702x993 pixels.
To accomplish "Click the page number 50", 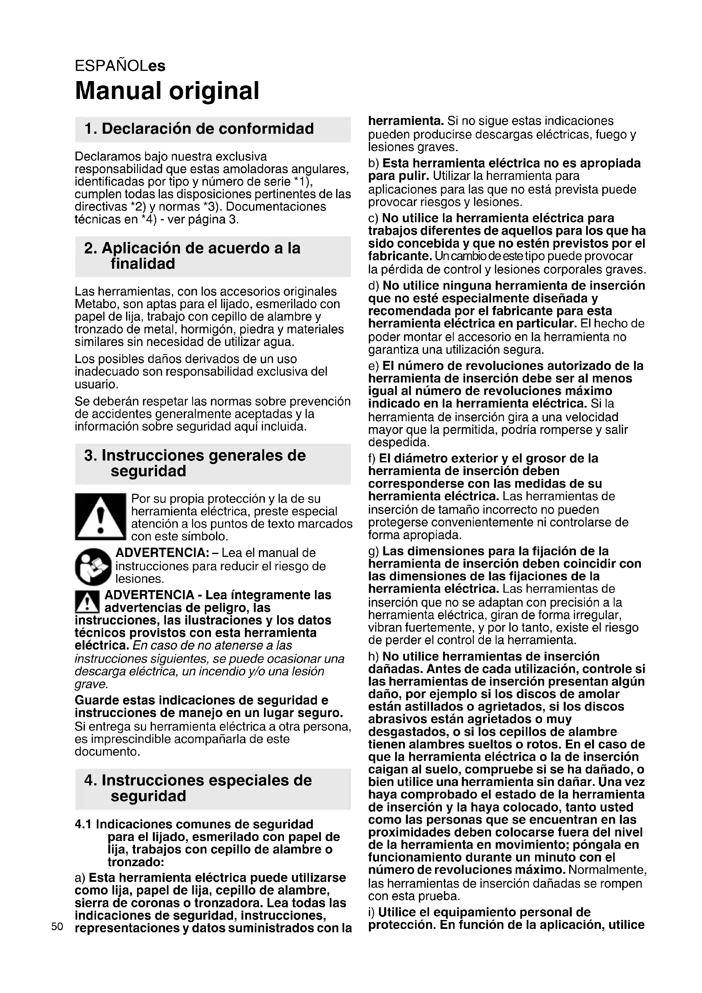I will pyautogui.click(x=57, y=926).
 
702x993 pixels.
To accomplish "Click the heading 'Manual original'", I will pyautogui.click(x=167, y=91).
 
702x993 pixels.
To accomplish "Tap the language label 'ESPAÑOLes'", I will pyautogui.click(x=120, y=66).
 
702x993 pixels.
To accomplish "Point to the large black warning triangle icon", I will pyautogui.click(x=100, y=516).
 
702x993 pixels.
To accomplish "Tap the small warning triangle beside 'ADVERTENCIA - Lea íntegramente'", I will pyautogui.click(x=87, y=602).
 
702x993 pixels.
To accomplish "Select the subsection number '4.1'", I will pyautogui.click(x=84, y=824).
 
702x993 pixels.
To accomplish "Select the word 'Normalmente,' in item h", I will pyautogui.click(x=607, y=870).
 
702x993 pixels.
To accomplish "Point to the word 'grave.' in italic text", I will pyautogui.click(x=91, y=684).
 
